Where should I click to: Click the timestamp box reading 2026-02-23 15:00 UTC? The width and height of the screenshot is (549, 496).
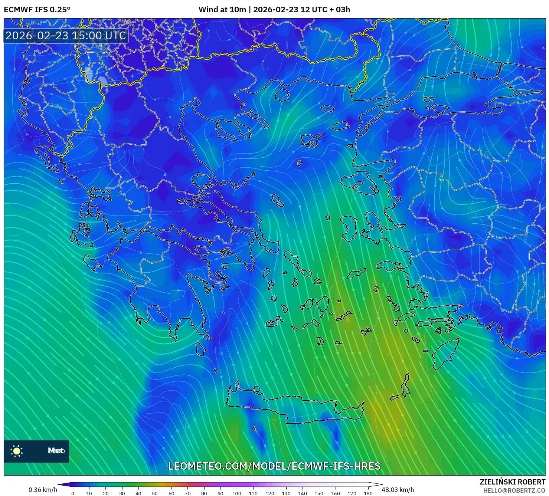pos(66,36)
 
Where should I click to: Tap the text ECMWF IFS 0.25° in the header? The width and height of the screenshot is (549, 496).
pos(37,10)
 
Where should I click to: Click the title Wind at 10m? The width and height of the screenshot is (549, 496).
pos(222,10)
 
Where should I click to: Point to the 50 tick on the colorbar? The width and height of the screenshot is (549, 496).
pos(155,493)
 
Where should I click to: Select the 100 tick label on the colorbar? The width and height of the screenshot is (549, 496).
pos(237,493)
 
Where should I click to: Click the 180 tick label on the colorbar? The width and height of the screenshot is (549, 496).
pos(368,493)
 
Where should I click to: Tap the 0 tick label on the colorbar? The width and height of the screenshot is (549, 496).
pos(73,493)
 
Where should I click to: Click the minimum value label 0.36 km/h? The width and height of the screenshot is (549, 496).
pos(43,490)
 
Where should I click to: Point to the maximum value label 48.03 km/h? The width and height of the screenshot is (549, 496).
pos(398,490)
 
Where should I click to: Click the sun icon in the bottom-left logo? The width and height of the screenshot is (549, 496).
pos(17,451)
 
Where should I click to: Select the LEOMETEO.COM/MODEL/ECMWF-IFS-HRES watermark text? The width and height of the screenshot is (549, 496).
pos(274,466)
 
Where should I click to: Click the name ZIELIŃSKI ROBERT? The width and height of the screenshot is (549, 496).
pos(513,482)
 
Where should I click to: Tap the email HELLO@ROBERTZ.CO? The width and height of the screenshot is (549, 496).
pos(514,490)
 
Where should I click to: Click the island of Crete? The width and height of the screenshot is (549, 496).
pos(293,406)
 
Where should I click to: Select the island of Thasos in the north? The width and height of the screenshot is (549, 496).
pos(282,95)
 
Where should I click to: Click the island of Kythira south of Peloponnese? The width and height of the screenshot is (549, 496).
pos(200,349)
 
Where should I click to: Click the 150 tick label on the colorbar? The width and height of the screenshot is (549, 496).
pos(318,493)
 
